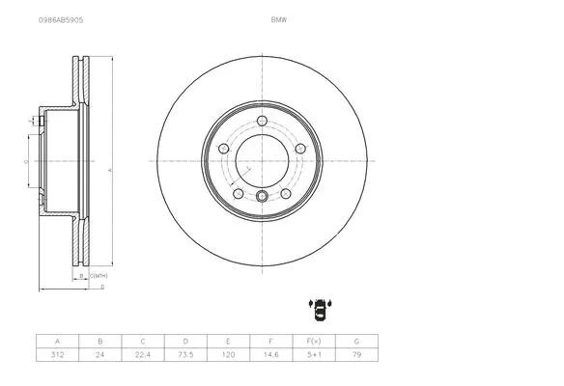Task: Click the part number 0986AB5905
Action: point(60,18)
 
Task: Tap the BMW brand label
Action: point(278,18)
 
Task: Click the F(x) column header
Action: point(313,341)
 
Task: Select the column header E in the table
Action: point(228,341)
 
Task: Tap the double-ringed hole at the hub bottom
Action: point(262,197)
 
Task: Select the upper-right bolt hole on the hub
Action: point(299,148)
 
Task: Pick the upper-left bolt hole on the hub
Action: point(224,148)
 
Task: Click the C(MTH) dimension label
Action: point(98,276)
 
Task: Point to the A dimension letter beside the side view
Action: point(110,170)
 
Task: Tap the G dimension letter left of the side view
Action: point(24,161)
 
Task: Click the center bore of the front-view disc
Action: point(262,159)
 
